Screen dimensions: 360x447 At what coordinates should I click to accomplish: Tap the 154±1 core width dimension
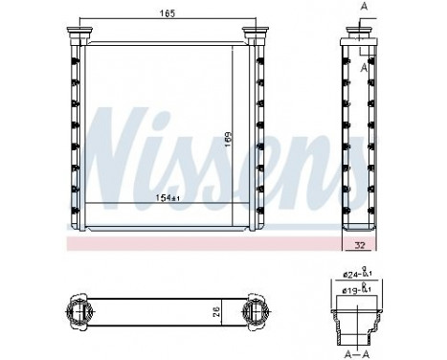click(x=168, y=197)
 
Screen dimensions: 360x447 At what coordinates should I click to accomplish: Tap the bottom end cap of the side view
click(x=360, y=224)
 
